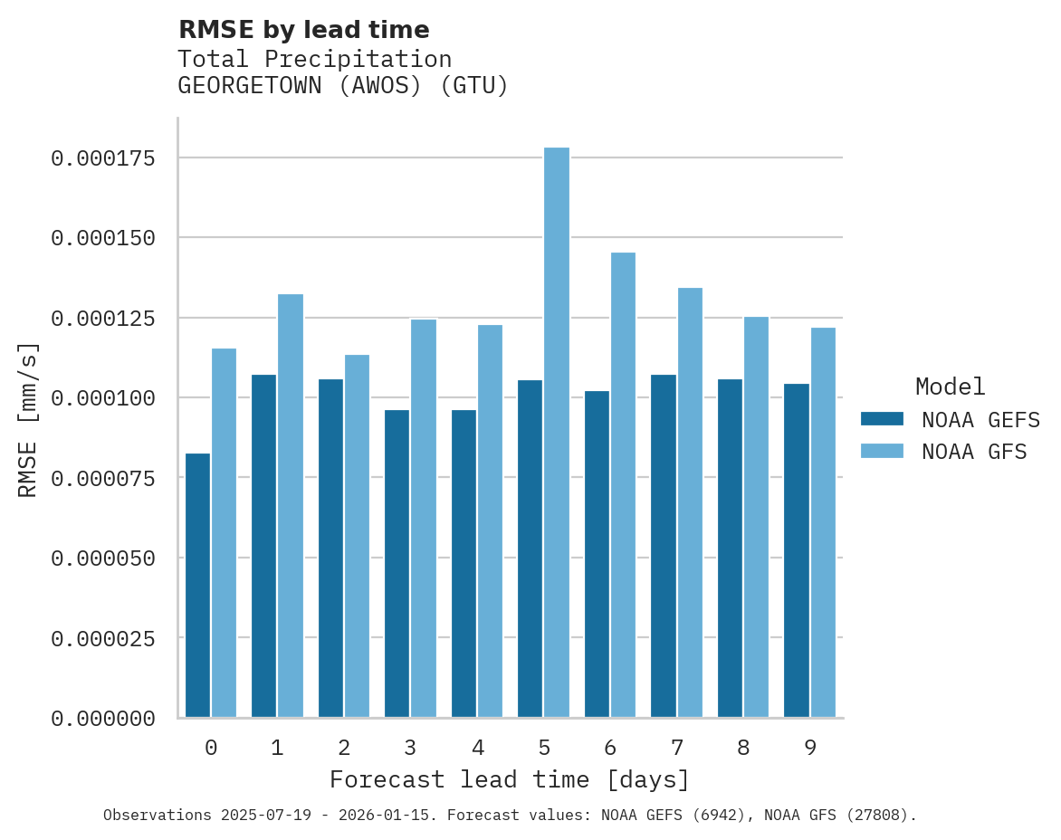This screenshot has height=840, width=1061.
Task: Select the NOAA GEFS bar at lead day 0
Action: click(x=197, y=585)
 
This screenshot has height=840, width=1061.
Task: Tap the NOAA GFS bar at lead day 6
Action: click(x=623, y=485)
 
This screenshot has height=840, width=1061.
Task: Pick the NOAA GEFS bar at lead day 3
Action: click(x=397, y=563)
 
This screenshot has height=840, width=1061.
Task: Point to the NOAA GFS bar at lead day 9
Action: click(x=823, y=522)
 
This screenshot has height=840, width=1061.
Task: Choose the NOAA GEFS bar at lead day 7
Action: click(x=664, y=546)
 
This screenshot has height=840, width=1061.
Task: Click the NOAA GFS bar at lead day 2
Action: click(x=357, y=536)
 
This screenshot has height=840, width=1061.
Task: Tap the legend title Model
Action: click(x=950, y=387)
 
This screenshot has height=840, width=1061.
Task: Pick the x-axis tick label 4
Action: click(x=477, y=748)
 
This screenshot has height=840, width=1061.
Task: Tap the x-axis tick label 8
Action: click(x=743, y=748)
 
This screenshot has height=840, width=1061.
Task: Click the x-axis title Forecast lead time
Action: click(x=510, y=779)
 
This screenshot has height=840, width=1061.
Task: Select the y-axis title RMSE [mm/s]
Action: click(x=28, y=420)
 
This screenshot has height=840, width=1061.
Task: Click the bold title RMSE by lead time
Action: click(x=303, y=30)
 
